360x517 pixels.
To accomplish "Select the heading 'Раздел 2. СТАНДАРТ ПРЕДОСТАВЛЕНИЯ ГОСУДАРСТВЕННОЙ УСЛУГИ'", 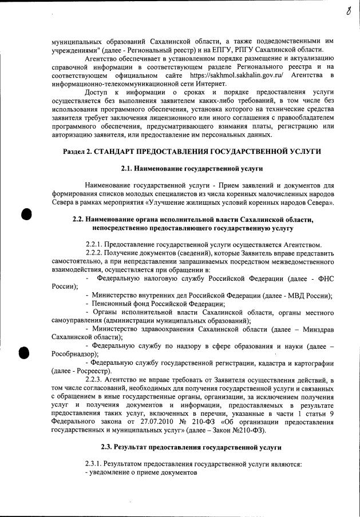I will click(191, 151).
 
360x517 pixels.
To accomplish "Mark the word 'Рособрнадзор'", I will click(74, 355).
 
